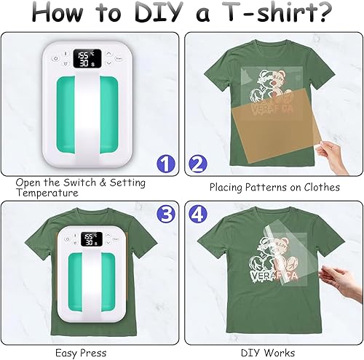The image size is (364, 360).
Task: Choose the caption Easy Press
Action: coord(76,352)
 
